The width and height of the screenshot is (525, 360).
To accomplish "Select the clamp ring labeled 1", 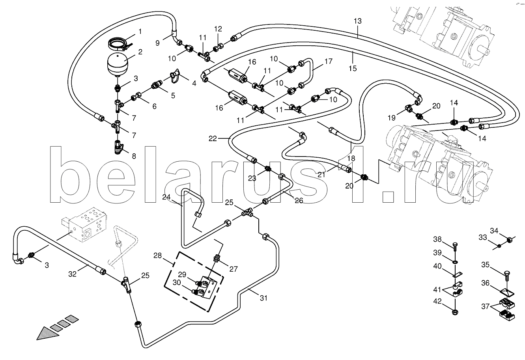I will click(118, 43).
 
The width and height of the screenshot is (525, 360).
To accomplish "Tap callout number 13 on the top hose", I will click(357, 21).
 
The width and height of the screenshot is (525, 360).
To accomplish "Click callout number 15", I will click(353, 68).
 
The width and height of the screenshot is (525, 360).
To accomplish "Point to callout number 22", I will click(213, 138).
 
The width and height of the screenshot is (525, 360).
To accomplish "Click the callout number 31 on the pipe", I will click(263, 298).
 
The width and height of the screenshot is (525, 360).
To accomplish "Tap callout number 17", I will click(329, 62).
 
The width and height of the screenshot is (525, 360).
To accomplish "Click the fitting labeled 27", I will click(216, 259).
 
